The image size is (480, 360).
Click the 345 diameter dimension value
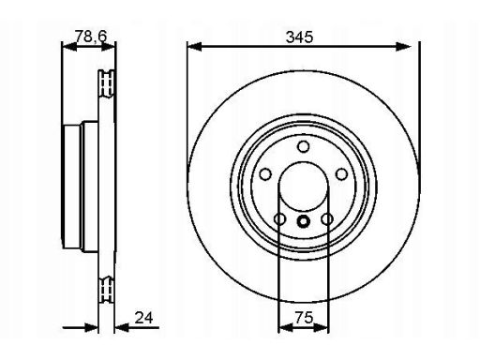[299, 37]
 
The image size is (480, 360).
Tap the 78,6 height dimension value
[91, 37]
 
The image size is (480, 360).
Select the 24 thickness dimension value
[143, 318]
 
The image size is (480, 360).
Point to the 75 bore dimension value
[304, 318]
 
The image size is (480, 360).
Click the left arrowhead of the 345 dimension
[194, 47]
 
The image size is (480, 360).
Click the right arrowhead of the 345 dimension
[403, 47]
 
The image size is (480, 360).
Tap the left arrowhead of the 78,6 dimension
[69, 47]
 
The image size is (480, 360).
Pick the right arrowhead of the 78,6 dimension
[109, 47]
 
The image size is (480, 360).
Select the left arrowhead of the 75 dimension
[285, 327]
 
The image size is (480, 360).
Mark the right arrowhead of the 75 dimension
[322, 327]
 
